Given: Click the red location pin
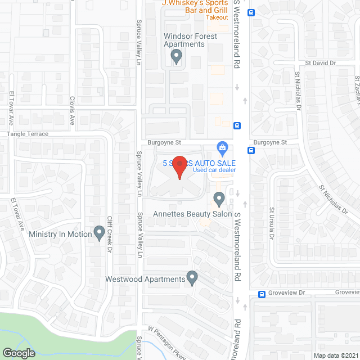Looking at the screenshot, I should click(x=179, y=167).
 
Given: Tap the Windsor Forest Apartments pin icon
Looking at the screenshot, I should click(x=176, y=56).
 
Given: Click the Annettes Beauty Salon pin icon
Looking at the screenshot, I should click(x=219, y=199).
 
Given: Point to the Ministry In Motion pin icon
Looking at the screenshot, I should click(x=100, y=232).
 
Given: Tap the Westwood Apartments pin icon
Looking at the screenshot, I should click(x=192, y=277).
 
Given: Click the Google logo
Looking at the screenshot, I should click(x=19, y=353).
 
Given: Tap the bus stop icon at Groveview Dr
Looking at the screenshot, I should click(x=262, y=294).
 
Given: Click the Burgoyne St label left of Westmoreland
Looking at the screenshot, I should click(x=164, y=143).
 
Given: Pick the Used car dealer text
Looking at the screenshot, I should click(x=214, y=170).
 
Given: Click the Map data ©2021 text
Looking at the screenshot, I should click(x=336, y=355).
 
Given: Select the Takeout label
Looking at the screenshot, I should click(x=217, y=17).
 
